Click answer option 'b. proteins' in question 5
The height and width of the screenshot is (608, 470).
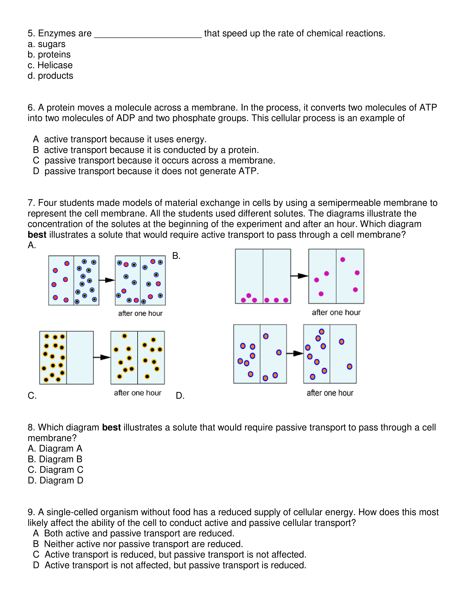tap(49, 55)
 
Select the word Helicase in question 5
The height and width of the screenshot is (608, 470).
tap(55, 65)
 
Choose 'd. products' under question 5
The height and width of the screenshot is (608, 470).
tap(50, 76)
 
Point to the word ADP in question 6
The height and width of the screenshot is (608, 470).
tap(126, 118)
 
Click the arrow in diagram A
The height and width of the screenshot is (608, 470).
tap(107, 280)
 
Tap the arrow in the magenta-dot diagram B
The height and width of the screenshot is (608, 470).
tap(299, 276)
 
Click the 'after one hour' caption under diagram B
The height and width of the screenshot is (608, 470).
tap(336, 312)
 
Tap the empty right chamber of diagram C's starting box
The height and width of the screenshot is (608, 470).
tap(80, 358)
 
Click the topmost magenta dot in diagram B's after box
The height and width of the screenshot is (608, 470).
tap(343, 259)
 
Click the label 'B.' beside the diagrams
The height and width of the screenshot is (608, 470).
tap(176, 256)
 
